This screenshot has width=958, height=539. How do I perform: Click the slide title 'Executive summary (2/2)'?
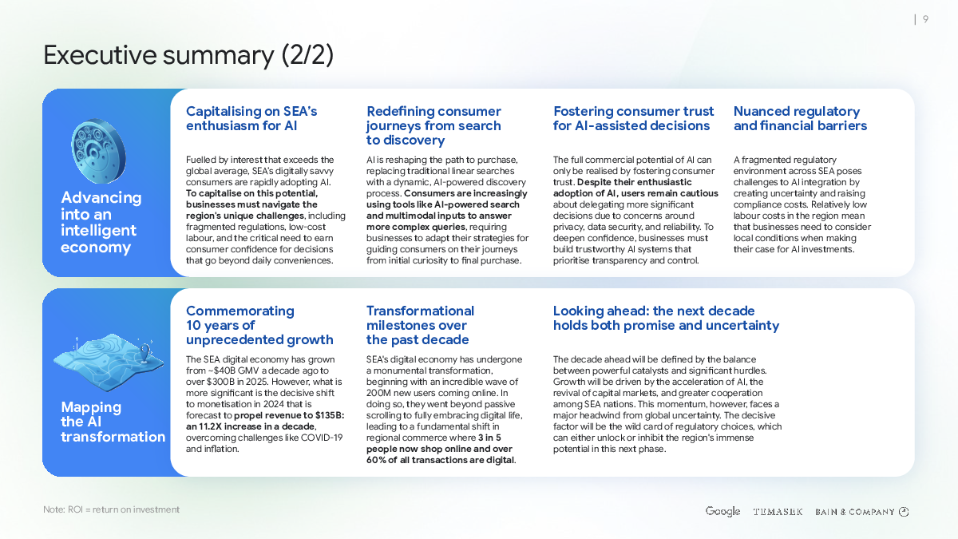(x=188, y=56)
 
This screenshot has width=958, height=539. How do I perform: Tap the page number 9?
(x=925, y=20)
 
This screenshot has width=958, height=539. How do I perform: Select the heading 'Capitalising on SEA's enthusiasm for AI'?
(x=251, y=118)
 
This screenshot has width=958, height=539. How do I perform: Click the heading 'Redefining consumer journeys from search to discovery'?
(x=433, y=125)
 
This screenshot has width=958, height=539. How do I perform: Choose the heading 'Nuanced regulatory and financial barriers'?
(x=799, y=118)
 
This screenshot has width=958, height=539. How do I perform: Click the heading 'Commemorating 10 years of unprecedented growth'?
(x=259, y=325)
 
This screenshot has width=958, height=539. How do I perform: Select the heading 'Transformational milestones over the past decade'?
(x=420, y=325)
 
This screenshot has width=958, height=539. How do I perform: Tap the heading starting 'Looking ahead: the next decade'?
(x=666, y=318)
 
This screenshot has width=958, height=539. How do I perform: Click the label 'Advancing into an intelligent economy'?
(x=101, y=222)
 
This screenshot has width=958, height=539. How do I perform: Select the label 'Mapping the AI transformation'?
(x=113, y=422)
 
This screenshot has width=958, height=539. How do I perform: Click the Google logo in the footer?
(x=722, y=511)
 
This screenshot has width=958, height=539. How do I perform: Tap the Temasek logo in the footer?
(x=778, y=512)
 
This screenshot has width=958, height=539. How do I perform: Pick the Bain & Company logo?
(x=861, y=512)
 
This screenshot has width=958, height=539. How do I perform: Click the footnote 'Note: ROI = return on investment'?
(x=111, y=509)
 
